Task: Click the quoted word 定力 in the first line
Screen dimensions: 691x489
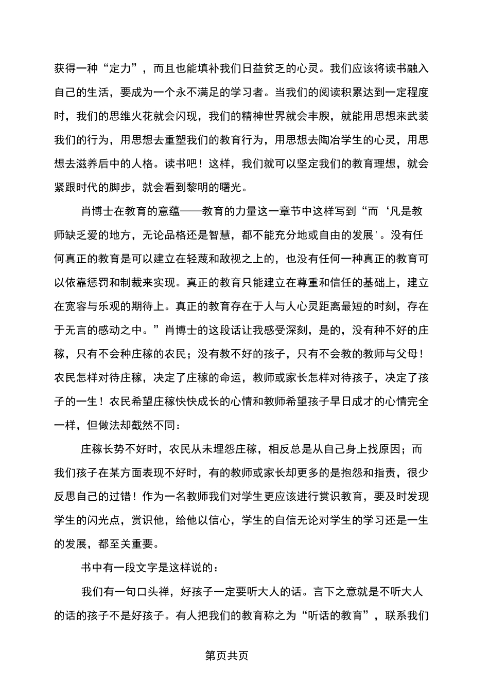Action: click(x=121, y=68)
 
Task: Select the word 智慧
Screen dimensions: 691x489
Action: click(x=249, y=235)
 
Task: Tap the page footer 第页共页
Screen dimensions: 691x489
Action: click(x=227, y=657)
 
